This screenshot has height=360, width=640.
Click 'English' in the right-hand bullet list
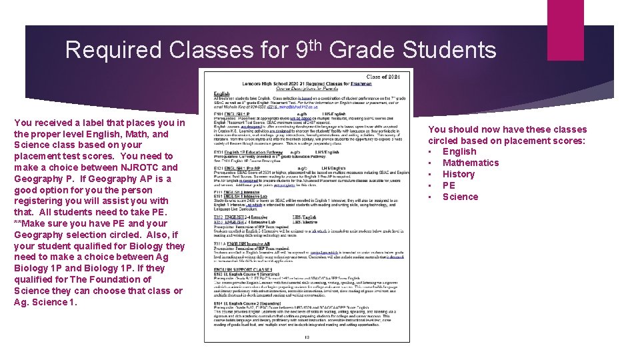pos(459,151)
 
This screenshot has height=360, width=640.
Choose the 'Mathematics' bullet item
pos(471,163)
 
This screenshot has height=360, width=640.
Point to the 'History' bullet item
pos(459,174)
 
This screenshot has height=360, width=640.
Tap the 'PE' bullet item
pos(449,185)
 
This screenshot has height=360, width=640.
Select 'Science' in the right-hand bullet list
pos(460,197)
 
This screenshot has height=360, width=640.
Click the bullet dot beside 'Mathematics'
pos(431,163)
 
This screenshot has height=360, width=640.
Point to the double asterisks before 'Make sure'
pos(17,223)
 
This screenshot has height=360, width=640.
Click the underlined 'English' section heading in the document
pos(222,95)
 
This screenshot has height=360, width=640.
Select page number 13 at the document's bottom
pos(307,337)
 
